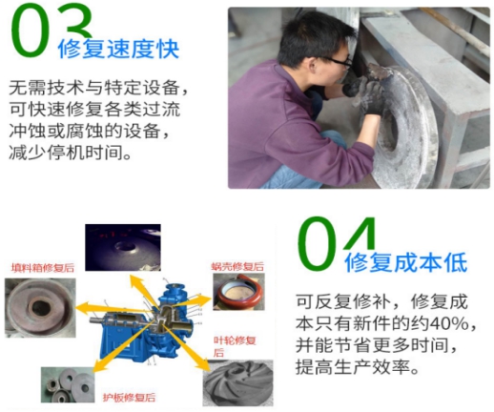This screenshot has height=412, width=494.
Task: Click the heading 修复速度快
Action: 118,50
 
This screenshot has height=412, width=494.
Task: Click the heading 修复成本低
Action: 406,262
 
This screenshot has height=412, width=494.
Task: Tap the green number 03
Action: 51,31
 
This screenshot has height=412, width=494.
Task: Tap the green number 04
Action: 337,242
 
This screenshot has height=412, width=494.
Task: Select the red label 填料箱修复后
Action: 43,268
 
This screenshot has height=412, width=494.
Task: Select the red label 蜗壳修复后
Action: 237,266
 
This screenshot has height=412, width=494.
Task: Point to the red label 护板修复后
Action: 129,397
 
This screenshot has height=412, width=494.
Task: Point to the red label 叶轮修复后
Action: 235,346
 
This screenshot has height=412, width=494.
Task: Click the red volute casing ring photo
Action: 238,292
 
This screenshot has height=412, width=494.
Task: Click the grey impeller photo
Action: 238,382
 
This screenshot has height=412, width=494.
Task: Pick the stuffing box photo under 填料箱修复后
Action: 40,308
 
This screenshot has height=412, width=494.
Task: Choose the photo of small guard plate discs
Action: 68,385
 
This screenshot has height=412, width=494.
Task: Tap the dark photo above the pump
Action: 123,247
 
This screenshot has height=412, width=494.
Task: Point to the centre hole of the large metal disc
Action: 394,132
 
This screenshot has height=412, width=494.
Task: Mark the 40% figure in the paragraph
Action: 448,323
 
